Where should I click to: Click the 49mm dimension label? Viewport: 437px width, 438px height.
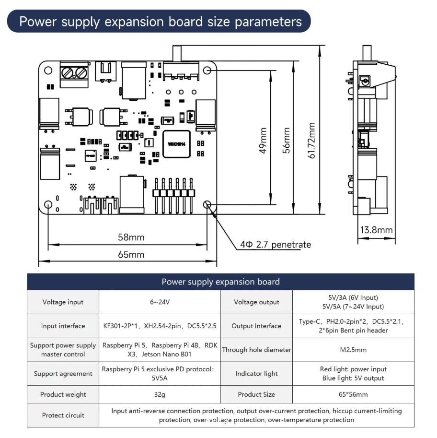(263, 141)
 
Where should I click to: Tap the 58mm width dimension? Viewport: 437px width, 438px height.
(131, 237)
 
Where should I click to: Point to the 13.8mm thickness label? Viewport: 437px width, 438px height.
(377, 230)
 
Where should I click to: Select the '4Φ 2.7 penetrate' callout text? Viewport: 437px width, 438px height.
(276, 244)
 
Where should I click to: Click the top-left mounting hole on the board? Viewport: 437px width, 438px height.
(48, 71)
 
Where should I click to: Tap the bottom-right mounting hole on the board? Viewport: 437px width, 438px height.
(207, 205)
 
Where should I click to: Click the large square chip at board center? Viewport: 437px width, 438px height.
(177, 144)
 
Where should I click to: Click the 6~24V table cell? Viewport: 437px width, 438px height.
(160, 302)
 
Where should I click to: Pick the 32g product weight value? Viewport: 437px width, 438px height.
(160, 394)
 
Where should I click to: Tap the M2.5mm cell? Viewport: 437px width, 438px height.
(353, 350)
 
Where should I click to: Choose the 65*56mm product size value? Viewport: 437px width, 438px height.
(353, 394)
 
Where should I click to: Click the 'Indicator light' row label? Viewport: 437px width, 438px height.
(256, 374)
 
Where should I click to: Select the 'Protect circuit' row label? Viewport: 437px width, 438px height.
(63, 415)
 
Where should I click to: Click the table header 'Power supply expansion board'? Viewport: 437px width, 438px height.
(220, 282)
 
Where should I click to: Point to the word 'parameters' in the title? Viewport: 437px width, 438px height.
(268, 22)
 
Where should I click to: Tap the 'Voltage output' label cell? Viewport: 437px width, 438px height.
(256, 302)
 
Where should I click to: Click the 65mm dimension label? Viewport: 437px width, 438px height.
(131, 254)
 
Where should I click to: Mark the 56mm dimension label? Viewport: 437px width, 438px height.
(287, 141)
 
